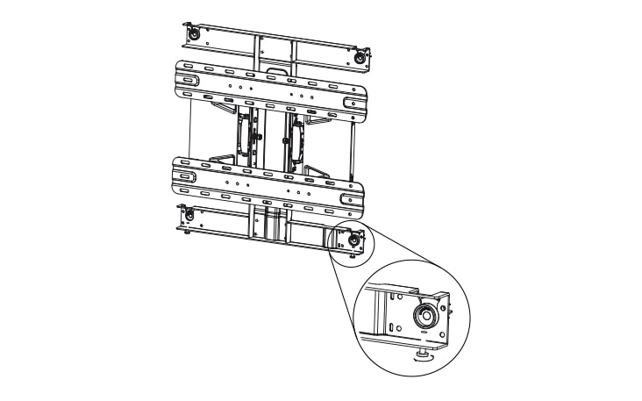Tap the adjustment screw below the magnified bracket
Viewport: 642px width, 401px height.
point(424,354)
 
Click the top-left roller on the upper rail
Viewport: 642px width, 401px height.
point(192,35)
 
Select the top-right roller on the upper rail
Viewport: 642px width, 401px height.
point(358,56)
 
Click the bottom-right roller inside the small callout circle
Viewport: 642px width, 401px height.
point(353,238)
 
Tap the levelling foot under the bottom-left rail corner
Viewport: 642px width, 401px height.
point(189,232)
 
